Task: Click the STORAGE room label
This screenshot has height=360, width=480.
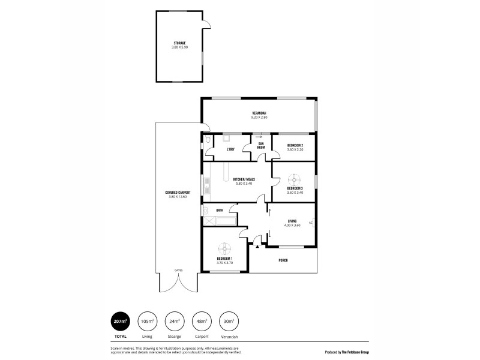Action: [x=180, y=43]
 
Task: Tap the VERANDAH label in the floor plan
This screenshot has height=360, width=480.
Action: [x=259, y=114]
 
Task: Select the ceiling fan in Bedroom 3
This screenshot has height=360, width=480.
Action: [x=295, y=179]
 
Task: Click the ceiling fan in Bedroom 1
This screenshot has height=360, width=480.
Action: [x=224, y=248]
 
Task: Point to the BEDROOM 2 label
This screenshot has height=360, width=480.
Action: [x=295, y=146]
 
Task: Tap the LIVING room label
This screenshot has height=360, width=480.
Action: [x=292, y=221]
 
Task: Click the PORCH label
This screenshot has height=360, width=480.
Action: [x=283, y=260]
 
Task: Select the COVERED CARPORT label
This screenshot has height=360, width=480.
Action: [x=178, y=193]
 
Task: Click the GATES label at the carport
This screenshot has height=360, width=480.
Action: [x=178, y=270]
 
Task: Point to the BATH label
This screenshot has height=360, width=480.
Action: [x=220, y=210]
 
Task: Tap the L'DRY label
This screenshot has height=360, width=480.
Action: [x=230, y=149]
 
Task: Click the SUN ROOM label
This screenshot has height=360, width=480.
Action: [x=262, y=146]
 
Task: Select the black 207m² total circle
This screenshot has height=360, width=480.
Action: [x=120, y=322]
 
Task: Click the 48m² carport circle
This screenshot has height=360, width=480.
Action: [x=201, y=322]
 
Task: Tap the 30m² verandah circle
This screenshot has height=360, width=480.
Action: [x=228, y=322]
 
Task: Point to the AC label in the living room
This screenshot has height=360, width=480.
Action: [x=310, y=223]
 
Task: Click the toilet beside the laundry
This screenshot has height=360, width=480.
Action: [x=207, y=141]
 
